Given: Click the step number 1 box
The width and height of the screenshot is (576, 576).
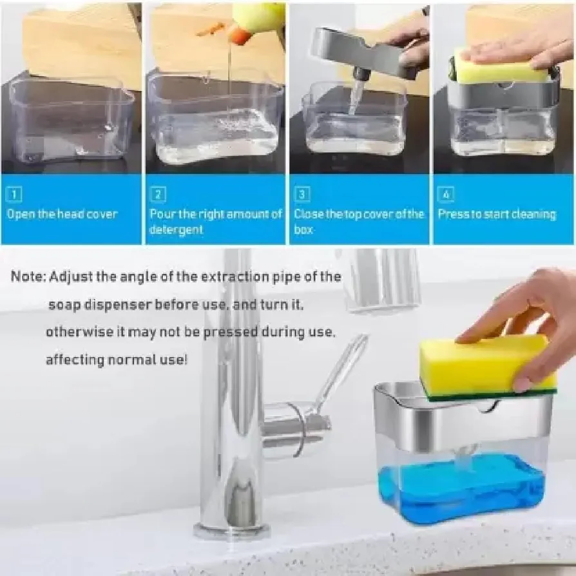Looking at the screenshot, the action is [x=14, y=194].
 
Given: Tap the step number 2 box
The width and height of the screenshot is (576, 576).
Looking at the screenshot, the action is [x=158, y=194].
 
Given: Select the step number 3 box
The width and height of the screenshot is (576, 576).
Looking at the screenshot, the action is [x=302, y=194].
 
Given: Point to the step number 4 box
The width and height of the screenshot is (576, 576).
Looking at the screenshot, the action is [x=446, y=194].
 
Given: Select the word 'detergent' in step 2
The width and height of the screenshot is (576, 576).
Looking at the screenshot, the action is [x=177, y=230].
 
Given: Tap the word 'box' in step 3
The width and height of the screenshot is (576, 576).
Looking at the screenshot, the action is [x=303, y=229].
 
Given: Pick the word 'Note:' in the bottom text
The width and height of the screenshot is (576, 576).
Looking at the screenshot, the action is [x=28, y=276].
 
